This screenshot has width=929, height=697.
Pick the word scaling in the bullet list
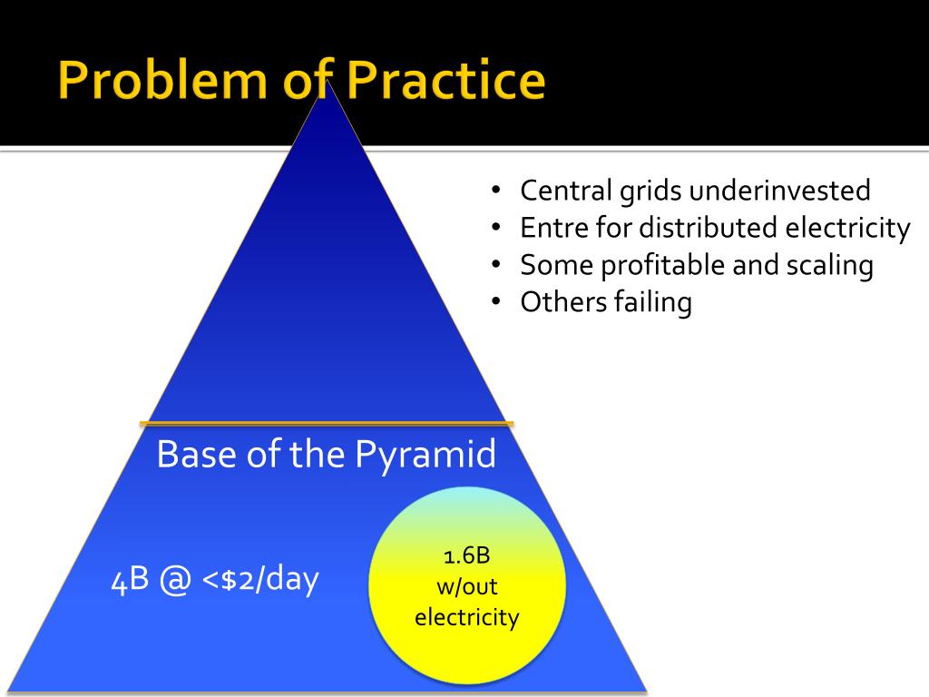[829, 265]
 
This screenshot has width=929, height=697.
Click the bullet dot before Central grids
[496, 191]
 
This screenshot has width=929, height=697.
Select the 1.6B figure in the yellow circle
[466, 555]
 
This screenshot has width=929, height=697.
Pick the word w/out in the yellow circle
[466, 586]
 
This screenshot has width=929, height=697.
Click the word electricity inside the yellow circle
[466, 618]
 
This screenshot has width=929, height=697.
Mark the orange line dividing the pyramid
[327, 423]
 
